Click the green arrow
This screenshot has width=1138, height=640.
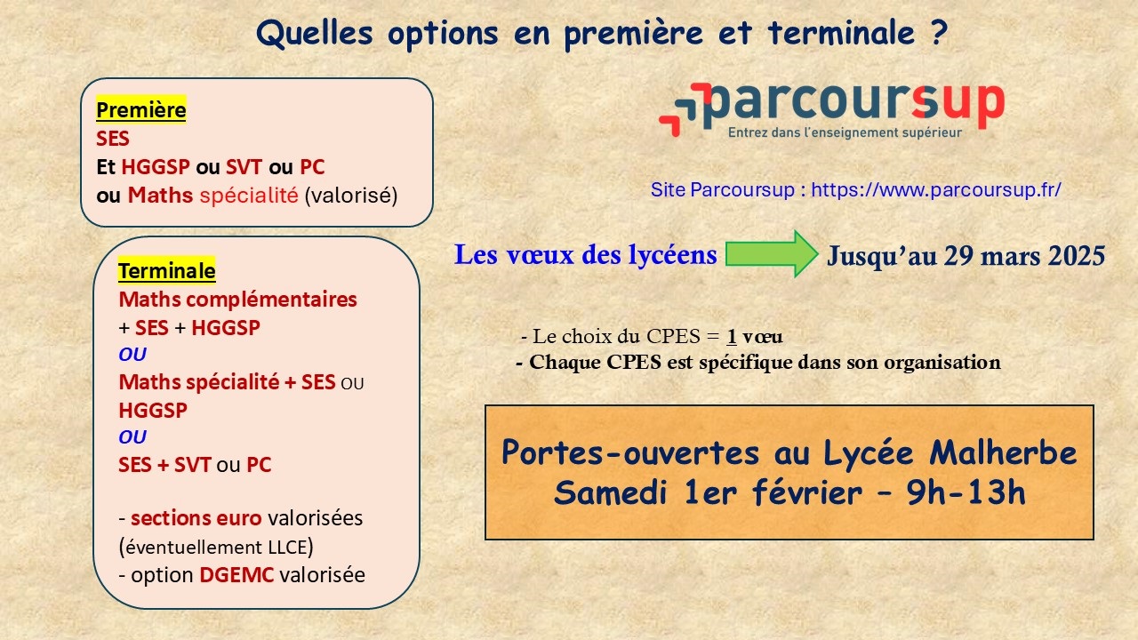pyautogui.click(x=771, y=254)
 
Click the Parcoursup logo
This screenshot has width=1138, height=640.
pyautogui.click(x=831, y=110)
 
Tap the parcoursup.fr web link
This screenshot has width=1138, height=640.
pyautogui.click(x=936, y=190)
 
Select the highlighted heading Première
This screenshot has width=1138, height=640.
pyautogui.click(x=141, y=109)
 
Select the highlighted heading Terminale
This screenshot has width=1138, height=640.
pyautogui.click(x=166, y=271)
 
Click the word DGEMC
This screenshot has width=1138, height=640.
pyautogui.click(x=236, y=575)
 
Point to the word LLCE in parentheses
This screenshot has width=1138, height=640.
pyautogui.click(x=288, y=547)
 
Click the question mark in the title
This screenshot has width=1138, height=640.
pyautogui.click(x=940, y=33)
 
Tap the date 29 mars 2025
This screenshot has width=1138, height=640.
pyautogui.click(x=1024, y=255)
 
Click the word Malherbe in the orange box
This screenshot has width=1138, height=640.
pyautogui.click(x=1003, y=452)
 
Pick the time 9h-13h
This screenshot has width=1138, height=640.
pyautogui.click(x=966, y=492)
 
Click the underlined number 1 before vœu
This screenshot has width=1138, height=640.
pyautogui.click(x=732, y=336)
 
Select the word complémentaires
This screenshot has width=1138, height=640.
pyautogui.click(x=271, y=300)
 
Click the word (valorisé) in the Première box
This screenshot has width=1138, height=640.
pyautogui.click(x=351, y=195)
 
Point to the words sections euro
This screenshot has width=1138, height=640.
pyautogui.click(x=196, y=518)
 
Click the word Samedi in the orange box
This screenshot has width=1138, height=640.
pyautogui.click(x=610, y=492)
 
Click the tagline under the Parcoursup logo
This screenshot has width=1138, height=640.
pyautogui.click(x=845, y=132)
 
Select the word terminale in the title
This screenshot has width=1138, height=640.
pyautogui.click(x=841, y=33)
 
